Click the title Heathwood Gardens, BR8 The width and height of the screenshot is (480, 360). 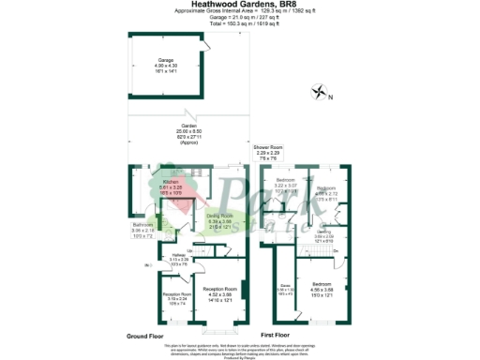239,5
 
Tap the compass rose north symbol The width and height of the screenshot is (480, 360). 322,92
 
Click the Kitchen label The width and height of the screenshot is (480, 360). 171,181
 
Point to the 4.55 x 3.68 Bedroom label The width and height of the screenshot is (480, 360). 321,283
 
